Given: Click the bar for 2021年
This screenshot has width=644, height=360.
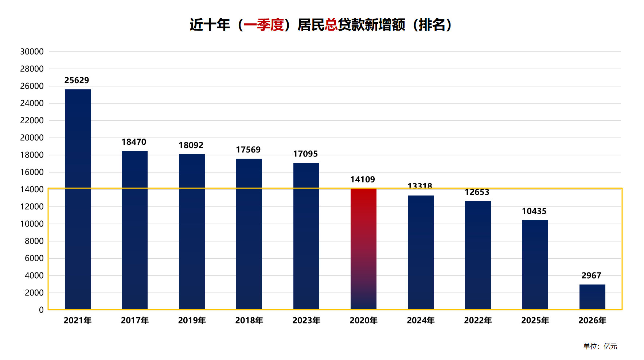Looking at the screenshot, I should coord(78,199).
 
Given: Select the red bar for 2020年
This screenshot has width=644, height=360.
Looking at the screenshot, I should coord(363,249).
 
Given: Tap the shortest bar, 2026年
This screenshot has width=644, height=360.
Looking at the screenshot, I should coord(592,297).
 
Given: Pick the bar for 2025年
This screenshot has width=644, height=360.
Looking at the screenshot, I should coord(535,265).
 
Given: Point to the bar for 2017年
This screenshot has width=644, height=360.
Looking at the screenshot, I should coord(134,230).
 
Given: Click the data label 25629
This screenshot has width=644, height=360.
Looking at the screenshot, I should coord(77,80).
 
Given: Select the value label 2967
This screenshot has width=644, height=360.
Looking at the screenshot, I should coord(591,276).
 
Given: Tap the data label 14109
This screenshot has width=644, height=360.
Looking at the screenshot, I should coord(363,179).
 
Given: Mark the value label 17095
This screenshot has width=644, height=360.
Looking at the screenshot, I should coord(305,154).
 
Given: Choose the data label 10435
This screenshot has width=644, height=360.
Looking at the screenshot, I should coord(534,211).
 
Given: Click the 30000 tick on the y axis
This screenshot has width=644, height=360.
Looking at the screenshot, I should coord(32,52).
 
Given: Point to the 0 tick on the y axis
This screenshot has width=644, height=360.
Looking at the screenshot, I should coord(41,310).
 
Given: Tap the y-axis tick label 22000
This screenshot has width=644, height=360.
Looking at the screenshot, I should coord(32,120).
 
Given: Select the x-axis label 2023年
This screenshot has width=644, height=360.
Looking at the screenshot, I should coord(306,321).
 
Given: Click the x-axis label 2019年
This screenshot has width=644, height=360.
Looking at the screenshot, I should coord(192,321).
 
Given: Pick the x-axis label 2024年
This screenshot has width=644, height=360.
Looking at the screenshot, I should coord(421,321).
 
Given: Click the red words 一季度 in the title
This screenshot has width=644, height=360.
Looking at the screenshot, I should coord(264,25).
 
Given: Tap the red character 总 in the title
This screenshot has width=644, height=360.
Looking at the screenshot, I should coord(331,25).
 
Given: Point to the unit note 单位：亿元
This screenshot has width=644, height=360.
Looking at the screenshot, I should coord(600,347).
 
